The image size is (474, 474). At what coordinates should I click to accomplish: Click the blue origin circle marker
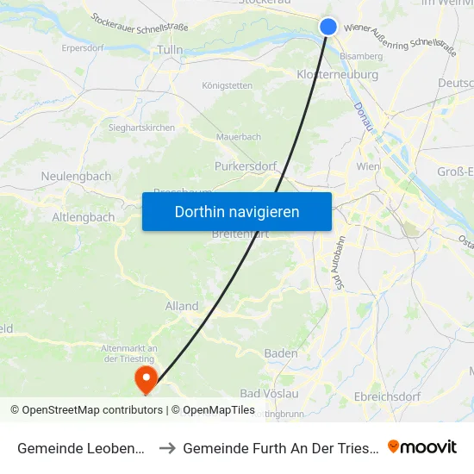(x=328, y=27)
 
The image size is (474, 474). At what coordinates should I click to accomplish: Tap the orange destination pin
(x=146, y=378)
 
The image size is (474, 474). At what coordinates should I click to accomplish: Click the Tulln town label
(x=169, y=51)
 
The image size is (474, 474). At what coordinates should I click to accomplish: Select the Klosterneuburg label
(x=337, y=75)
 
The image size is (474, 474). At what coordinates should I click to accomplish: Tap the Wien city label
(x=368, y=165)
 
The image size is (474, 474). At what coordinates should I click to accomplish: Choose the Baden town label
(x=281, y=353)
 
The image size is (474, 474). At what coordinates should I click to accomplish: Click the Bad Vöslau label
(x=269, y=394)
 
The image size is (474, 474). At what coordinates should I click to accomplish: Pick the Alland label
(x=182, y=306)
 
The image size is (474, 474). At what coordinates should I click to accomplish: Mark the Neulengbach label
(x=76, y=177)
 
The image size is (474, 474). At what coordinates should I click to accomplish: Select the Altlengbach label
(x=84, y=217)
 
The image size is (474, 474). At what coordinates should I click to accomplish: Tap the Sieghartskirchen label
(x=141, y=128)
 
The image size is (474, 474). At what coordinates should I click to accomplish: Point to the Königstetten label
(x=227, y=85)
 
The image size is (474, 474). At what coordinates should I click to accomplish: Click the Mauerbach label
(x=239, y=135)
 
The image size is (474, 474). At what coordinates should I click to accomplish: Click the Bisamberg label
(x=363, y=56)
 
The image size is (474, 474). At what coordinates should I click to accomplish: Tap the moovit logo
(x=422, y=446)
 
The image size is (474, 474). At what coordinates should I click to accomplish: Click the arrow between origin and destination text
(x=167, y=447)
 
